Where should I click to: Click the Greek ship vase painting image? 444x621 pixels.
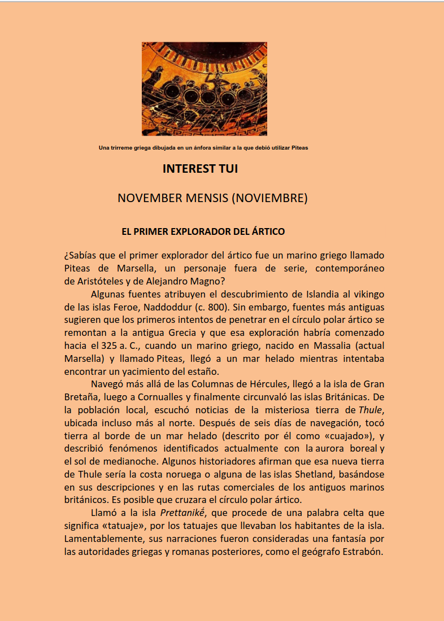pos(204,89)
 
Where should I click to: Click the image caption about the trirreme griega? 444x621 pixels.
pos(203,148)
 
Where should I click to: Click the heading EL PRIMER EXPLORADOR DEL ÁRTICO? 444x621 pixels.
pos(203,231)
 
